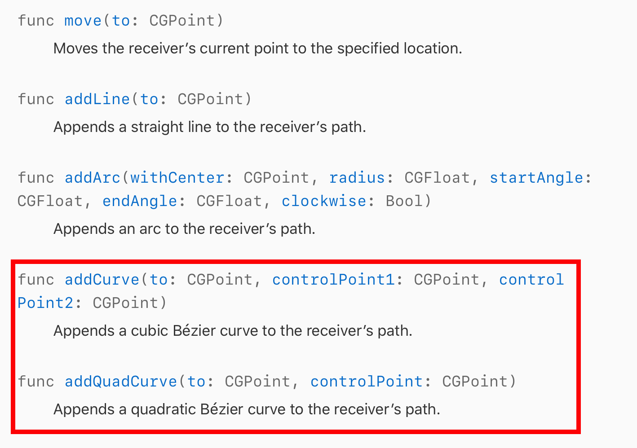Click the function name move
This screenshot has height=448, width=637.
[x=83, y=21]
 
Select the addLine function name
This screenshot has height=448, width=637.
[x=97, y=99]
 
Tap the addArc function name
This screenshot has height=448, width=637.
[x=92, y=178]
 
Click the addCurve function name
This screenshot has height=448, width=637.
[x=102, y=280]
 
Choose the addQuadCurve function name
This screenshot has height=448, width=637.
[x=121, y=382]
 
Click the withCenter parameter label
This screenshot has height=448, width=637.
[x=177, y=178]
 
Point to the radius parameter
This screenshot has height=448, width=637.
[x=357, y=178]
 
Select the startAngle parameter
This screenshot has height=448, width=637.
[x=536, y=178]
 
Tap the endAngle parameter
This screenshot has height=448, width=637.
[x=139, y=201]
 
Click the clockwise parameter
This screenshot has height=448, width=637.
[x=323, y=201]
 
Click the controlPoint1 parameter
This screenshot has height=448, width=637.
[x=333, y=280]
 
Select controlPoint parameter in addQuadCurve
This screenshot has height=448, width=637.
[x=367, y=382]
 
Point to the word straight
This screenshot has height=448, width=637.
[x=157, y=127]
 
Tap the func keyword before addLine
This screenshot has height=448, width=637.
[x=36, y=99]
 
